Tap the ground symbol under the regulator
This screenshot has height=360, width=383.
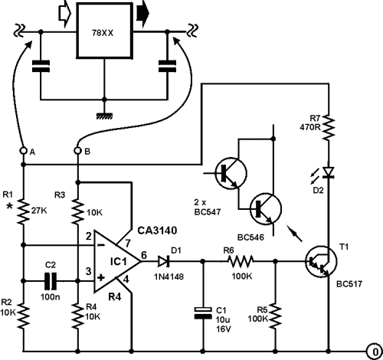tap(104, 116)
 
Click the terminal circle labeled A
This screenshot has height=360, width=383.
tap(24, 151)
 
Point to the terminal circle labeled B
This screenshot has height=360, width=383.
tap(77, 151)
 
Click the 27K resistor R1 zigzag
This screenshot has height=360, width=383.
tap(24, 212)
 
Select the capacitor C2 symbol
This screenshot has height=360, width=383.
tap(51, 281)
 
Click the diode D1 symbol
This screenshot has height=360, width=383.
tap(164, 262)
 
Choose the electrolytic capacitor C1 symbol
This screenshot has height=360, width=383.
tap(203, 313)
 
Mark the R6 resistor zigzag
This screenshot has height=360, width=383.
tap(240, 261)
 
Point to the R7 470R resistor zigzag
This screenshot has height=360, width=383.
tap(329, 127)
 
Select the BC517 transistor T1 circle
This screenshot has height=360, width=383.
tap(321, 261)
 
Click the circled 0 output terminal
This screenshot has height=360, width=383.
tap(375, 352)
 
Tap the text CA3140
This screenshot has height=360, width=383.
tap(157, 231)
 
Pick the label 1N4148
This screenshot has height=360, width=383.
tap(169, 277)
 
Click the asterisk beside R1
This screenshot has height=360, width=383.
tap(9, 207)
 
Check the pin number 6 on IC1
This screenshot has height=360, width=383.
tap(145, 255)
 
